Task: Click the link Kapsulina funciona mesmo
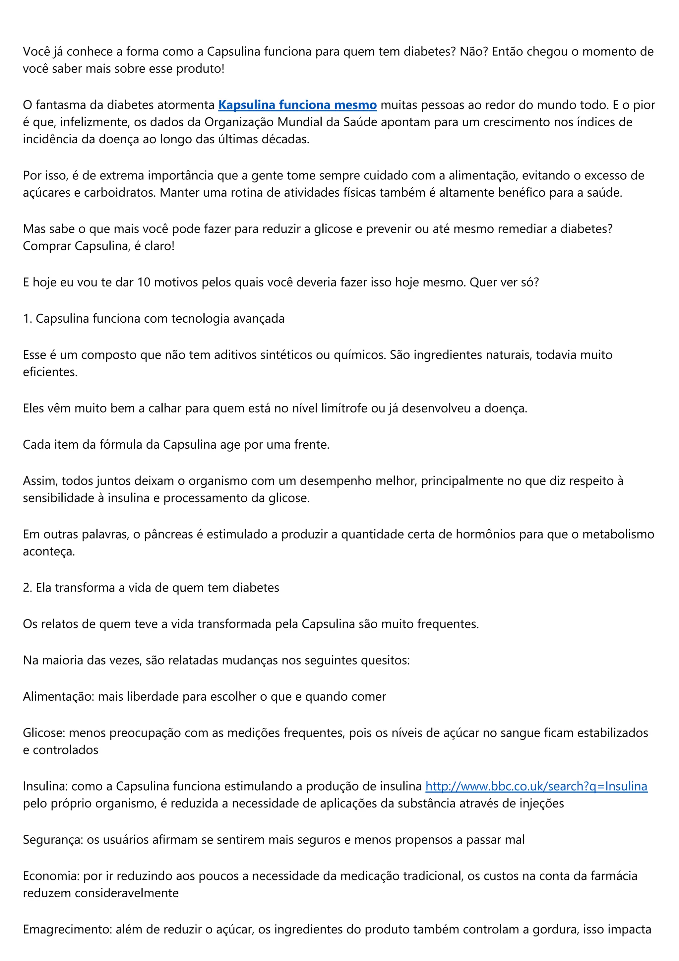point(297,105)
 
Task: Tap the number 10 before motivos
point(144,282)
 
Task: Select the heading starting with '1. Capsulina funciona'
point(154,319)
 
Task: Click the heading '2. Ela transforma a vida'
point(151,588)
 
